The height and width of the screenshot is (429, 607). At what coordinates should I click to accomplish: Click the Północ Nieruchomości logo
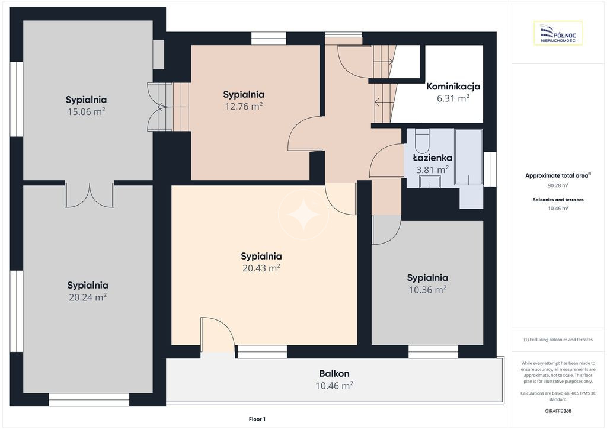coord(558,33)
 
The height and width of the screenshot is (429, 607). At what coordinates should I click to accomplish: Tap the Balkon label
coord(334,374)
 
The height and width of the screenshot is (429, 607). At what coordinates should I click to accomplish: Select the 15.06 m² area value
coord(87,112)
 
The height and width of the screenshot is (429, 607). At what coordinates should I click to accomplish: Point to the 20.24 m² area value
coord(88,297)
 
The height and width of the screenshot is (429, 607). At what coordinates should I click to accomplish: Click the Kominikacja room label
coord(453,87)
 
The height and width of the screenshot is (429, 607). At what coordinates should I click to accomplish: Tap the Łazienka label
coord(432,158)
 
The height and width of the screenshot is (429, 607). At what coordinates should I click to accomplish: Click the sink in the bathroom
coord(430,181)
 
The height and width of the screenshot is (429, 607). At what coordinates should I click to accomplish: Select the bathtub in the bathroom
coord(468,157)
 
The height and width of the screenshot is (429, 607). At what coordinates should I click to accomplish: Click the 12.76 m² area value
coord(244,107)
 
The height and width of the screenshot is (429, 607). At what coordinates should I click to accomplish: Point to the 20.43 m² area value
coord(261,268)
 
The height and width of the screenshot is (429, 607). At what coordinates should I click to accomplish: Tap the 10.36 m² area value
coord(428,290)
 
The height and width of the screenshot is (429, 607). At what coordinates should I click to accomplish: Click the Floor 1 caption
coord(257,419)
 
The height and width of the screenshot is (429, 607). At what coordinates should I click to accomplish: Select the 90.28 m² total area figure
coord(558,185)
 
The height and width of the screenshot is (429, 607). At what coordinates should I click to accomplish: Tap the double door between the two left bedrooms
coord(90,194)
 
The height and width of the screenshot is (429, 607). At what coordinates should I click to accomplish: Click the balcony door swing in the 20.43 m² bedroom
coord(217,335)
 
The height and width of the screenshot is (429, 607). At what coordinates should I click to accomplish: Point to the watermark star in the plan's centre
coord(303,214)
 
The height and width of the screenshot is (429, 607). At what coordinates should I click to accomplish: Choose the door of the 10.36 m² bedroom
coord(386,230)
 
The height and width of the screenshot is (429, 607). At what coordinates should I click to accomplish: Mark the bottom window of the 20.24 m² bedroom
coord(89,399)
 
